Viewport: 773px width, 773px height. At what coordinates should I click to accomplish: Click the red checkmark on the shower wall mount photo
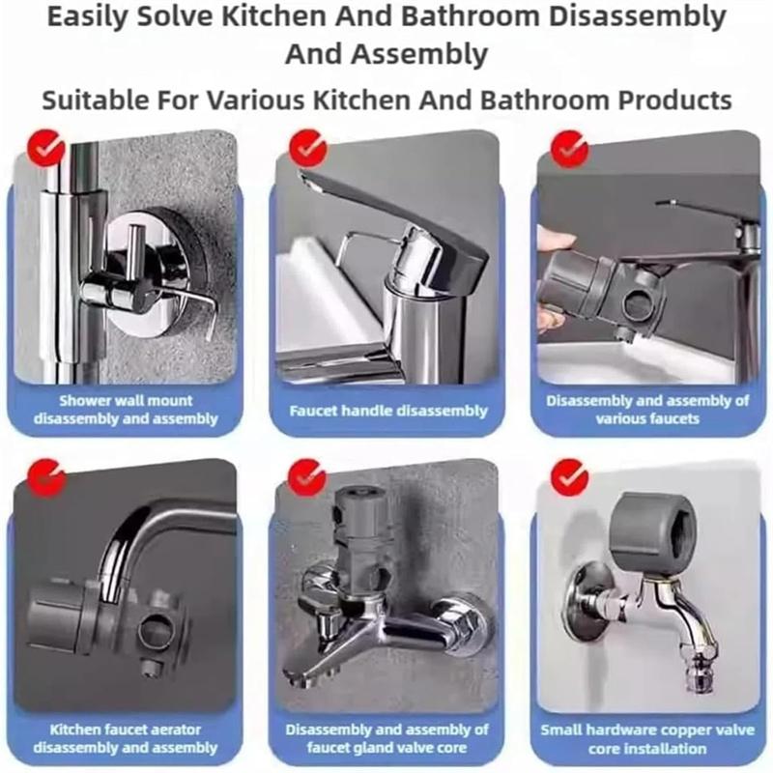click(45, 148)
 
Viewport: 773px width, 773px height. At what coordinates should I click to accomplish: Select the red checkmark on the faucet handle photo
click(308, 148)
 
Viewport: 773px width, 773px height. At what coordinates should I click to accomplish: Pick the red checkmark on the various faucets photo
click(569, 148)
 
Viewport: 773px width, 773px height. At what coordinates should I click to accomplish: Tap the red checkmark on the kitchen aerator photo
click(45, 476)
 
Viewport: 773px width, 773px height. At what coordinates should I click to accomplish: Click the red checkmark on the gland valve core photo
click(308, 476)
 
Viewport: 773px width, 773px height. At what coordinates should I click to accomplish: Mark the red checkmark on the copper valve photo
click(569, 476)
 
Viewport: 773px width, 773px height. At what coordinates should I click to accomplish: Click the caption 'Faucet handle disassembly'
click(388, 411)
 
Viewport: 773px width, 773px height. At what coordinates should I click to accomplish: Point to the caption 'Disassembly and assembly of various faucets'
click(646, 410)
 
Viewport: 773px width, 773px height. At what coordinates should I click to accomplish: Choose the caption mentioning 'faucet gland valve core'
click(388, 738)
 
